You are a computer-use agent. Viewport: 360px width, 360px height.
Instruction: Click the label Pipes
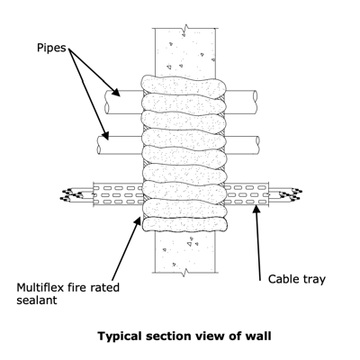click(x=51, y=48)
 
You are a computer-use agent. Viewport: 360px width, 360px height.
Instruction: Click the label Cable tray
click(x=297, y=279)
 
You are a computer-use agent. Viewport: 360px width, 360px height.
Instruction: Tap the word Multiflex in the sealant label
click(x=40, y=287)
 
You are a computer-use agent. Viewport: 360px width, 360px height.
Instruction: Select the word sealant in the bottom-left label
click(x=37, y=300)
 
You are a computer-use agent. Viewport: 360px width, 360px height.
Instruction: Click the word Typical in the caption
click(x=120, y=337)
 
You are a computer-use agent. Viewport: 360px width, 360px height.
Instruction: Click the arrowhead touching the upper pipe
click(x=115, y=92)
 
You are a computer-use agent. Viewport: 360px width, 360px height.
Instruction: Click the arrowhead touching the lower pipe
click(x=104, y=136)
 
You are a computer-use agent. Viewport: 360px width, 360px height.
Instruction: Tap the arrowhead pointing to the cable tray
click(x=256, y=210)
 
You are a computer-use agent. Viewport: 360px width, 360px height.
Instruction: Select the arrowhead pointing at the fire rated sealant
click(x=138, y=221)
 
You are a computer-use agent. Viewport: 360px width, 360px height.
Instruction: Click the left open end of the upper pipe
click(x=108, y=103)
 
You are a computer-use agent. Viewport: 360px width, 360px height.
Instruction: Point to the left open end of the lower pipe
click(x=100, y=146)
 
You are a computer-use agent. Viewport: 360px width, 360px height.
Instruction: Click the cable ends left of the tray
click(x=72, y=194)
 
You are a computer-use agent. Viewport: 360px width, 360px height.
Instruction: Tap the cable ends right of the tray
click(x=290, y=194)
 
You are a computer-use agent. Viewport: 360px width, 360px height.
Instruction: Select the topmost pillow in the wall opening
click(x=184, y=86)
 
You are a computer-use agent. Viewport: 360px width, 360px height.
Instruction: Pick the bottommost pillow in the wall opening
click(x=184, y=225)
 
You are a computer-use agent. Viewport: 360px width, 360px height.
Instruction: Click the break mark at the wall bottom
click(x=184, y=272)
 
